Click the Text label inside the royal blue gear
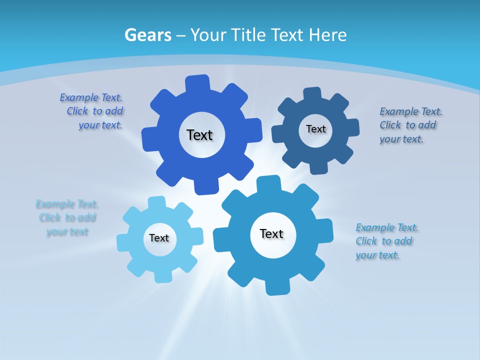pyautogui.click(x=199, y=135)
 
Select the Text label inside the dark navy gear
pyautogui.click(x=315, y=129)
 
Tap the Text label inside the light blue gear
pyautogui.click(x=159, y=238)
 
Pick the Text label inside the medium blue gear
pyautogui.click(x=271, y=233)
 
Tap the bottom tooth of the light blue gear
pyautogui.click(x=162, y=275)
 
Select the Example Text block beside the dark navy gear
pyautogui.click(x=409, y=125)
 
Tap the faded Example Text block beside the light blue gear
pyautogui.click(x=67, y=217)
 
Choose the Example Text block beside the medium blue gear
pyautogui.click(x=386, y=241)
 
